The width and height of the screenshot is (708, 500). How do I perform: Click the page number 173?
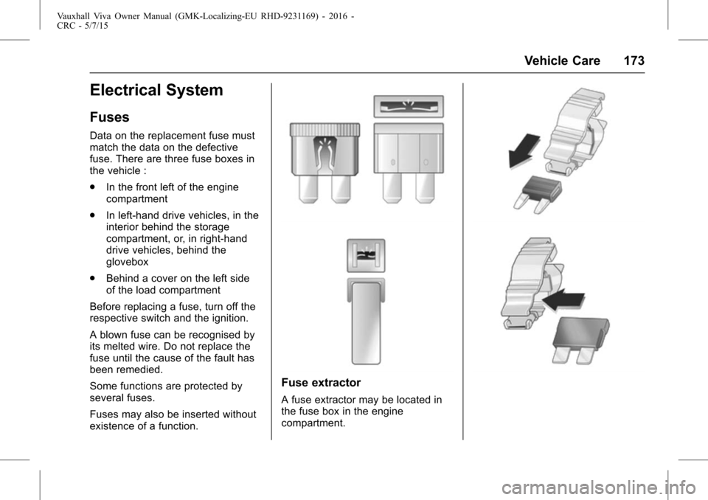pyautogui.click(x=634, y=60)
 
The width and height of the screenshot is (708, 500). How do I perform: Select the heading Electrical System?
pyautogui.click(x=156, y=90)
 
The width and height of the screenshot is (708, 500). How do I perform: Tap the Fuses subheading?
pyautogui.click(x=109, y=117)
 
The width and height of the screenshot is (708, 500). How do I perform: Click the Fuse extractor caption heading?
pyautogui.click(x=321, y=383)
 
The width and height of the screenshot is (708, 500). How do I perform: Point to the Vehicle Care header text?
pyautogui.click(x=562, y=60)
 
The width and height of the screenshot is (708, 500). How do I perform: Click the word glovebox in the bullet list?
pyautogui.click(x=128, y=262)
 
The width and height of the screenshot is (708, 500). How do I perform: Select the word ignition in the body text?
pyautogui.click(x=228, y=319)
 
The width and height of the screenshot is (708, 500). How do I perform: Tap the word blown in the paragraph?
pyautogui.click(x=110, y=335)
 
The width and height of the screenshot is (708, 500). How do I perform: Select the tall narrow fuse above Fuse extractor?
pyautogui.click(x=366, y=322)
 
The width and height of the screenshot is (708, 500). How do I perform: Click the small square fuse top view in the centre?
pyautogui.click(x=366, y=256)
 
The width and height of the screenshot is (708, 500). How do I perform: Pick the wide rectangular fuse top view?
pyautogui.click(x=409, y=107)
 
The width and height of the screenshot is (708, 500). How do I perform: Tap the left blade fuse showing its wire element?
pyautogui.click(x=324, y=162)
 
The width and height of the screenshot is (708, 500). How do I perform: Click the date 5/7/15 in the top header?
pyautogui.click(x=96, y=26)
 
